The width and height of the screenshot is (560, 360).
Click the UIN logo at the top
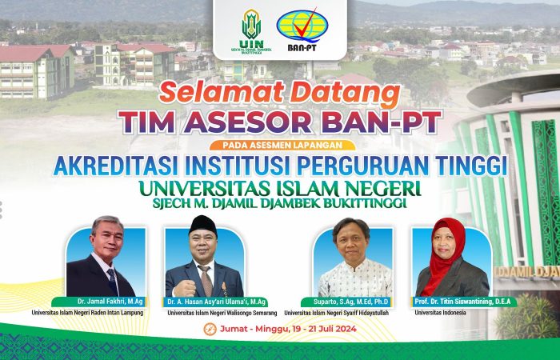(251, 30)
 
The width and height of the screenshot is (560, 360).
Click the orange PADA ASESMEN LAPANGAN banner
(282, 145)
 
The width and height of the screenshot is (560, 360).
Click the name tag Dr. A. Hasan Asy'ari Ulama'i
(215, 302)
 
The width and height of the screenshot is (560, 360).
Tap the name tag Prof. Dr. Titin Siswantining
(463, 302)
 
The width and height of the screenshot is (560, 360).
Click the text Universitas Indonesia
(440, 313)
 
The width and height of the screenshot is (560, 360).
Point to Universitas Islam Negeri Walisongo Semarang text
(222, 313)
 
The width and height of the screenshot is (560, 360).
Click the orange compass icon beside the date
(210, 329)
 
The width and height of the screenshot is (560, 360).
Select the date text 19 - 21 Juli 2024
(323, 329)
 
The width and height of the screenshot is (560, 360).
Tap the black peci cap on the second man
(203, 225)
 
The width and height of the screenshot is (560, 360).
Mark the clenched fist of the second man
(184, 288)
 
